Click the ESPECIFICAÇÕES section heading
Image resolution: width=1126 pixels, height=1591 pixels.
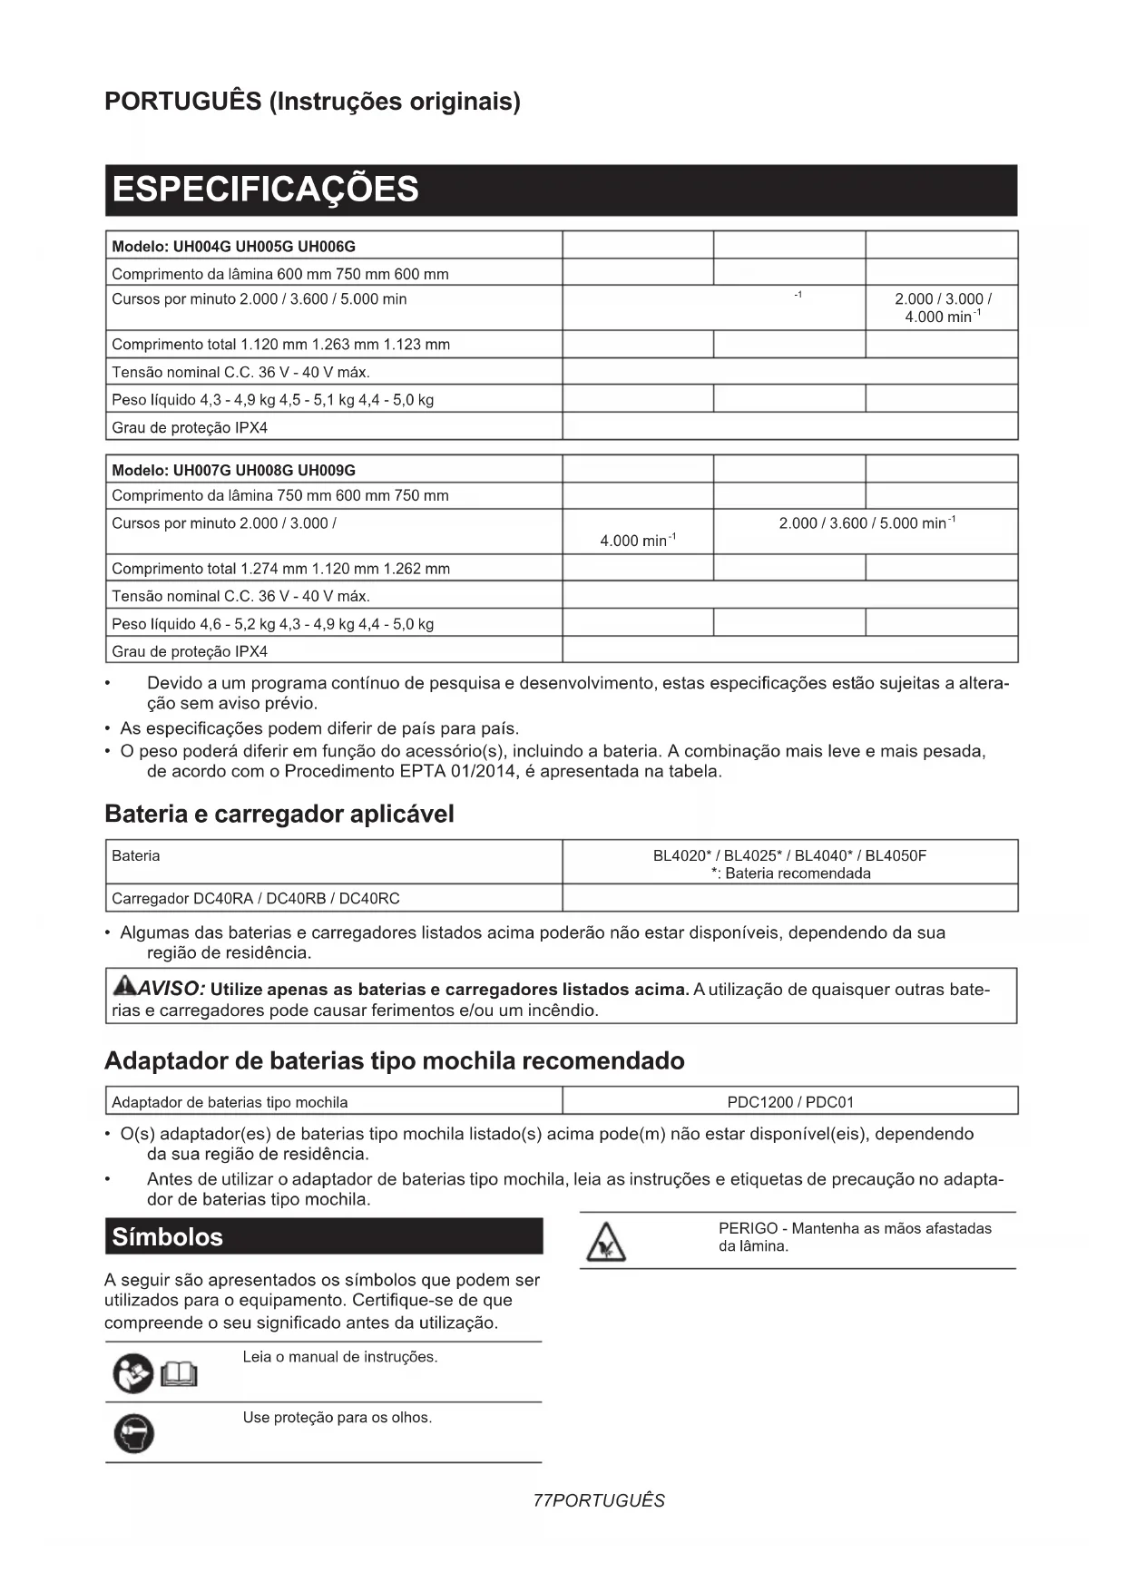pos(265,190)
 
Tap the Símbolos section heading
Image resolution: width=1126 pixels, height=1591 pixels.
pos(167,1236)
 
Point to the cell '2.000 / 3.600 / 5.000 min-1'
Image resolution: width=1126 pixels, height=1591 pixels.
pos(866,523)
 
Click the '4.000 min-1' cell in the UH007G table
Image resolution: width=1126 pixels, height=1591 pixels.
pos(638,540)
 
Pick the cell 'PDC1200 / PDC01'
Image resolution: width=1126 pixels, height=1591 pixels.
pos(789,1102)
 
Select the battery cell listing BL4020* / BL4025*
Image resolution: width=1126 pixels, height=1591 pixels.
pos(789,863)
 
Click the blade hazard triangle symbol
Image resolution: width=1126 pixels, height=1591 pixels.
pos(605,1242)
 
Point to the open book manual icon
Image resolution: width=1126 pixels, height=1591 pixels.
pos(179,1375)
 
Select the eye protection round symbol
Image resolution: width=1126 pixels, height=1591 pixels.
pos(133,1434)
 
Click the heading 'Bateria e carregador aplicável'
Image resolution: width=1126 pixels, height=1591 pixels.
pos(279,814)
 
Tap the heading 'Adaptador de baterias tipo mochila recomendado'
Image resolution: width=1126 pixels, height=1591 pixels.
pos(394,1060)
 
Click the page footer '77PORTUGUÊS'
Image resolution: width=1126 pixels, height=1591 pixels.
pos(599,1501)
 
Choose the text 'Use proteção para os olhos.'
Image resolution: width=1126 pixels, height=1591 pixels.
pos(337,1418)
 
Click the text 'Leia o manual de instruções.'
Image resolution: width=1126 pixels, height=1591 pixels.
pos(339,1357)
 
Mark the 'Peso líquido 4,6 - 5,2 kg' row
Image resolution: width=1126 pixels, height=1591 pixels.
pos(272,623)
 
